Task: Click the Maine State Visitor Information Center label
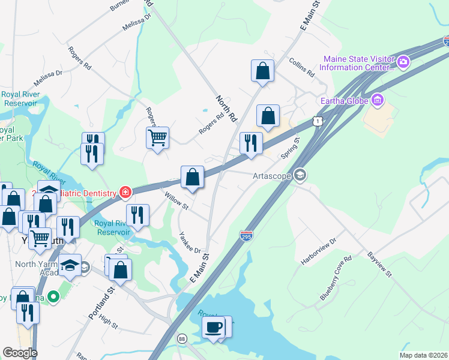[358, 63]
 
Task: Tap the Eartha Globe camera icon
[377, 99]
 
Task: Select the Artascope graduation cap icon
[301, 175]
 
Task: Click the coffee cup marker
[214, 328]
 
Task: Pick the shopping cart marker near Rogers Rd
[157, 139]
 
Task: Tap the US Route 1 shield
[317, 121]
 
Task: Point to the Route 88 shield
[182, 339]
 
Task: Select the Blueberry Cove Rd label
[334, 284]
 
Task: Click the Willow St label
[177, 200]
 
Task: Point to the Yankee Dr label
[189, 243]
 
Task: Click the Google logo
[20, 353]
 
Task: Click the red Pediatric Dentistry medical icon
[125, 192]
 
